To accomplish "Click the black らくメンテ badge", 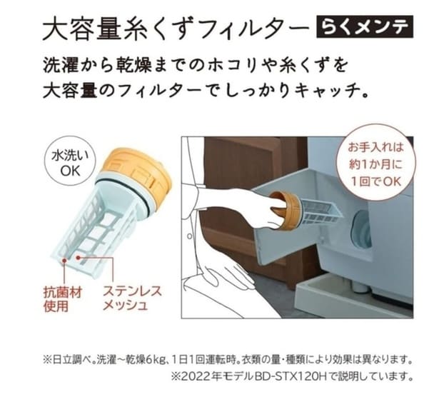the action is [365, 27].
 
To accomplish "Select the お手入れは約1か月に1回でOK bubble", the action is [375, 164].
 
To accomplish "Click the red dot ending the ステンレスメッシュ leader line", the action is [79, 257].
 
